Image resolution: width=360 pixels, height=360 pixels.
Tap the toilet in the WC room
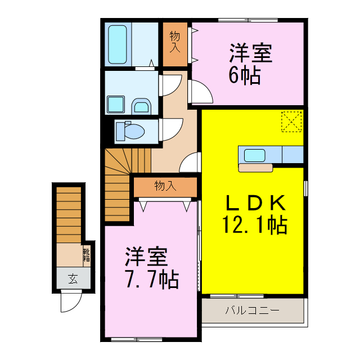pyautogui.click(x=129, y=131)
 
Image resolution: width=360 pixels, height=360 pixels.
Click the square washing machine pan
pyautogui.click(x=116, y=105)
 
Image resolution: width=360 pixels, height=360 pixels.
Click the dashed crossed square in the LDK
pyautogui.click(x=291, y=121)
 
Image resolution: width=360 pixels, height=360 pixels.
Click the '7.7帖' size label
pyautogui.click(x=151, y=278)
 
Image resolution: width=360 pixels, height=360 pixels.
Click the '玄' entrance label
pyautogui.click(x=73, y=277)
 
